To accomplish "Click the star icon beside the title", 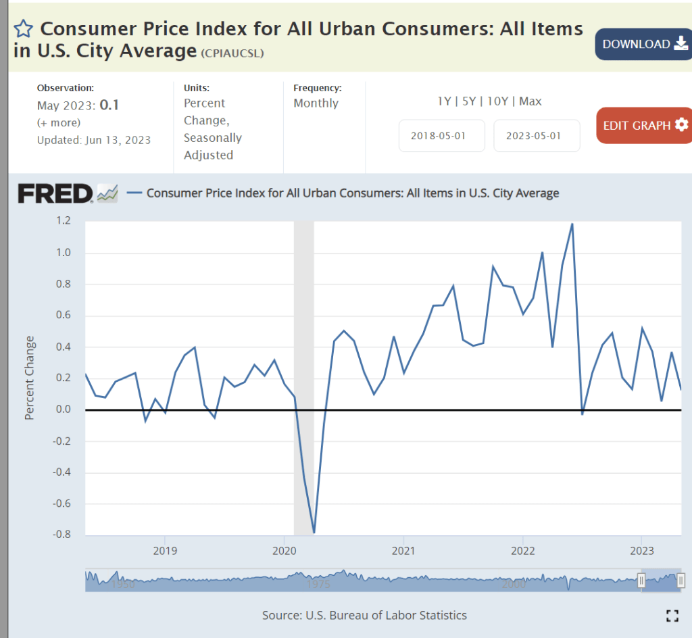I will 24,28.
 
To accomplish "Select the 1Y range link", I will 444,101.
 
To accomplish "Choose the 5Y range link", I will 469,101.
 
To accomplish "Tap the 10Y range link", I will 497,101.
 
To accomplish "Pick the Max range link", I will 530,101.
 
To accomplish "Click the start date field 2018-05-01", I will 441,135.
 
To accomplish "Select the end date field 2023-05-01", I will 537,135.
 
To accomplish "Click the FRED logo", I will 55,193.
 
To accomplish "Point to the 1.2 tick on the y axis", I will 64,221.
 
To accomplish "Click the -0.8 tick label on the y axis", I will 61,535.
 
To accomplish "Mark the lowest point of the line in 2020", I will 314,533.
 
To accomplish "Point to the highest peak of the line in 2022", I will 572,224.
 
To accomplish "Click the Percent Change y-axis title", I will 30,378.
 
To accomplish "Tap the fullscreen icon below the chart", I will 672,615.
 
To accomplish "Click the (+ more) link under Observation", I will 59,122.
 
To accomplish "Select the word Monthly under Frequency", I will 316,103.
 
